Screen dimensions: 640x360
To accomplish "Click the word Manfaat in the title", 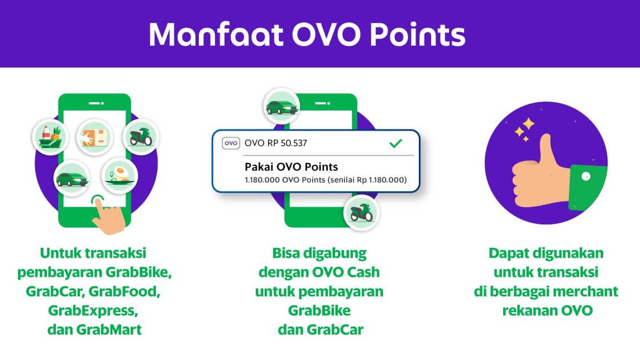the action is click(216, 34).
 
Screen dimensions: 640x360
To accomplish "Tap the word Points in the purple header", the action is click(418, 34).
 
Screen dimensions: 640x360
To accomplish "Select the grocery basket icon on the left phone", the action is click(51, 136).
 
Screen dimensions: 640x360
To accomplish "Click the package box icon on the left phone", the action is click(95, 137).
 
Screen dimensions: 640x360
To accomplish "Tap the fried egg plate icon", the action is click(120, 175).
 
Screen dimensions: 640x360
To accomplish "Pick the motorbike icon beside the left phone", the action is click(141, 136).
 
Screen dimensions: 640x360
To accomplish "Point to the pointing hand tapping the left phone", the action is click(108, 216).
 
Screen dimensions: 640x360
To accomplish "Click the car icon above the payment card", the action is click(281, 107).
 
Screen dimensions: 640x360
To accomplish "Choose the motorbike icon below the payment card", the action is click(362, 213).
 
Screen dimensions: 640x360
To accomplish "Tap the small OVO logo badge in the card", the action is click(231, 143).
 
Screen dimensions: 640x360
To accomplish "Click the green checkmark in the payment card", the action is click(395, 143).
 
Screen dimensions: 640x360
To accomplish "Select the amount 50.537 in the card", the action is click(294, 143).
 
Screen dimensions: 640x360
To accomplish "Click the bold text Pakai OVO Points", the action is click(292, 167).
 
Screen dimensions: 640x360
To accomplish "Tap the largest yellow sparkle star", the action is click(528, 123).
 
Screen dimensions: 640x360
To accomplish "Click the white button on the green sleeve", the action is click(586, 176).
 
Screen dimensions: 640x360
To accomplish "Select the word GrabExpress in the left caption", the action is click(93, 311).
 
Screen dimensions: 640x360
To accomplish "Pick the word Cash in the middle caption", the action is click(363, 272).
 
